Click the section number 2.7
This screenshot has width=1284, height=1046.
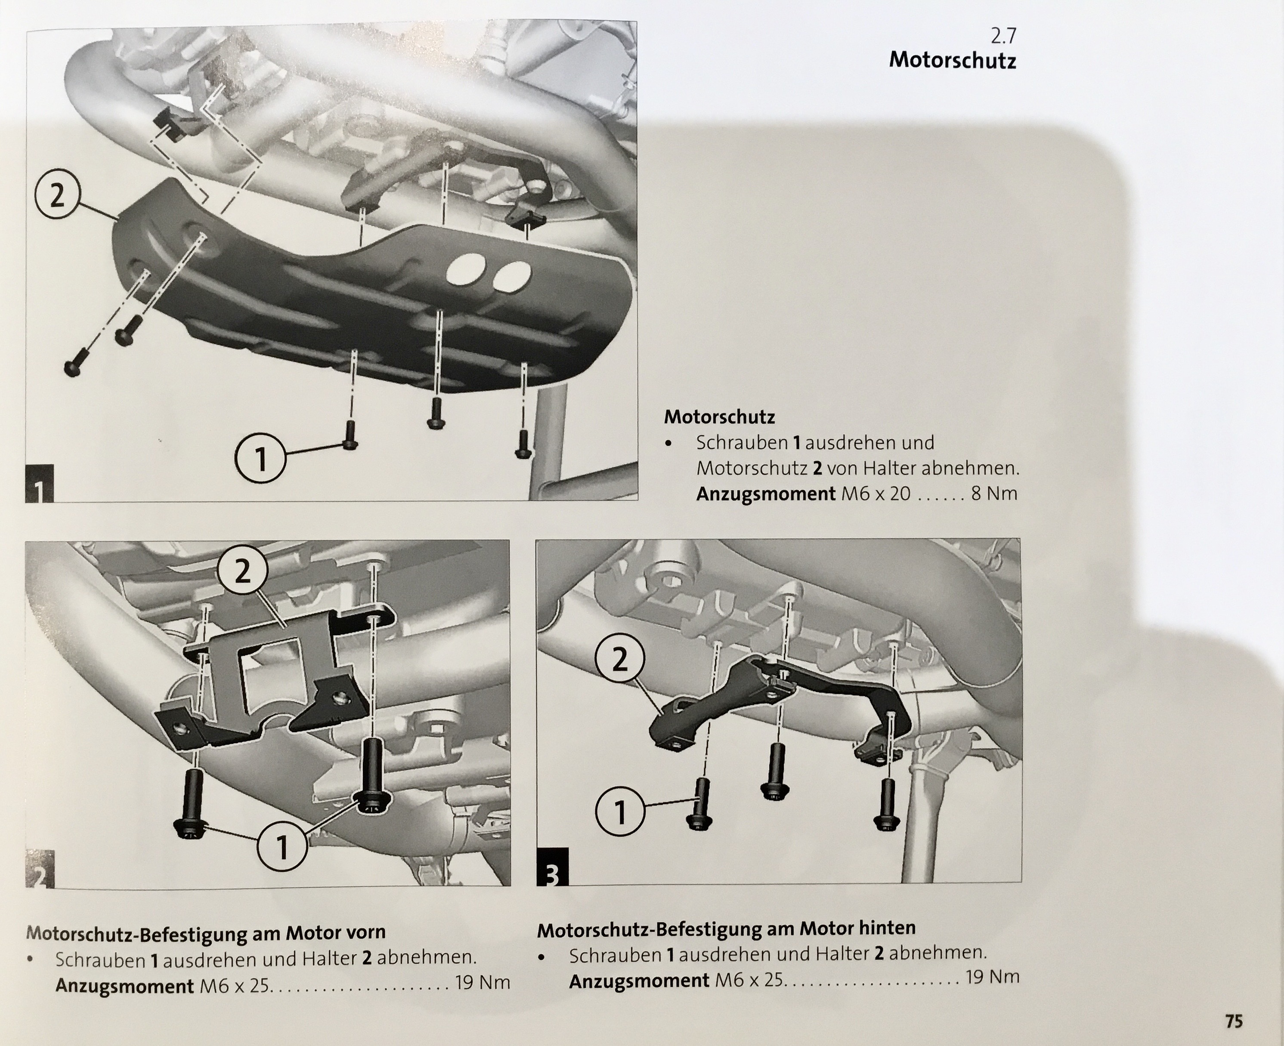[1003, 37]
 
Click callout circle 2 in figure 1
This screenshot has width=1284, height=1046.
[57, 196]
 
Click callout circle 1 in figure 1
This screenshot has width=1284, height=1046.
[260, 459]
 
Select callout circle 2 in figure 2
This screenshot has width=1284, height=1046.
[242, 571]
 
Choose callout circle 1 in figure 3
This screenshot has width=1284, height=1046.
[620, 813]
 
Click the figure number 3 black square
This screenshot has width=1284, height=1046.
[552, 867]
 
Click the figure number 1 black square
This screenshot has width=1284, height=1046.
[39, 483]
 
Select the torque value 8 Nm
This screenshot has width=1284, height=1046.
[994, 494]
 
